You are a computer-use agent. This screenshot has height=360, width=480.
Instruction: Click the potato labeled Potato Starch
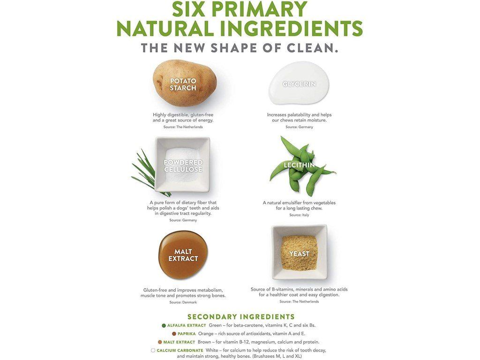[185, 82]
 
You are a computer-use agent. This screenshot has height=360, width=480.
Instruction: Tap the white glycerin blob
[299, 82]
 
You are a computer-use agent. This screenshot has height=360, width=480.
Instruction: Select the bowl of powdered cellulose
[183, 165]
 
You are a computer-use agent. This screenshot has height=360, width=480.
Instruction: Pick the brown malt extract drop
[183, 255]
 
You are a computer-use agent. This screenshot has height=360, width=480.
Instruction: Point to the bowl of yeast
[300, 252]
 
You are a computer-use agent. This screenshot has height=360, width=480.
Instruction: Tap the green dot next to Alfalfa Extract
[164, 325]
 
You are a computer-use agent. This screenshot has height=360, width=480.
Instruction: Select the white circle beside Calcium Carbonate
[153, 350]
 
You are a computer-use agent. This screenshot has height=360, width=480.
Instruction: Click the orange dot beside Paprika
[174, 334]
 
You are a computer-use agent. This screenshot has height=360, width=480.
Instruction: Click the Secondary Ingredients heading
[241, 317]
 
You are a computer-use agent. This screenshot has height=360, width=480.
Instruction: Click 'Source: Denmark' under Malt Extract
[183, 302]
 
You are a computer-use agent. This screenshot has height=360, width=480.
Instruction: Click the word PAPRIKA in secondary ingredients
[187, 334]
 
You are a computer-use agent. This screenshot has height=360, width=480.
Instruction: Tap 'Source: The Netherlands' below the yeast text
[299, 301]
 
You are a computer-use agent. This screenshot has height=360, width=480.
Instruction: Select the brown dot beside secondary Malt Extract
[160, 342]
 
